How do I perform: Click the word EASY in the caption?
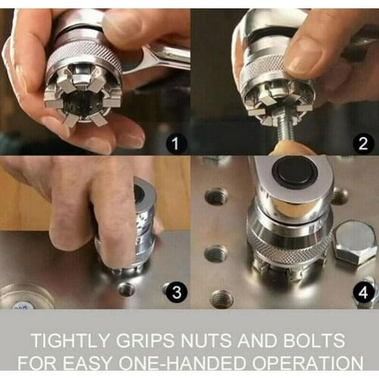(106, 362)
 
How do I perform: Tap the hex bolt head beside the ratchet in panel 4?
(354, 242)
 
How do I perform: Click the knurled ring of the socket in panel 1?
(84, 57)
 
